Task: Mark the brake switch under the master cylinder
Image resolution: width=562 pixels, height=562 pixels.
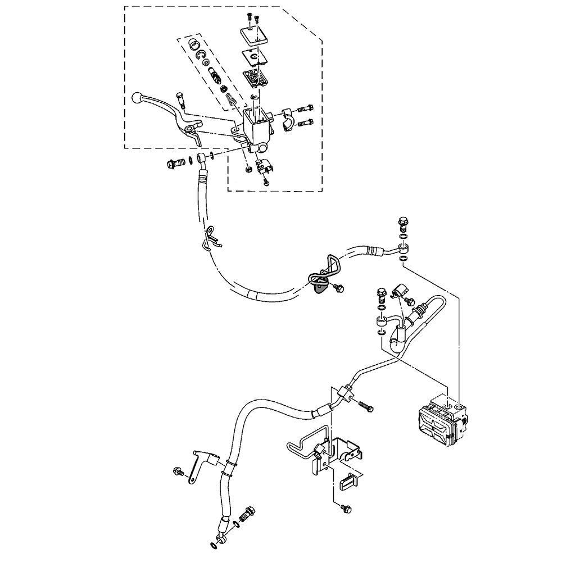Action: pyautogui.click(x=264, y=166)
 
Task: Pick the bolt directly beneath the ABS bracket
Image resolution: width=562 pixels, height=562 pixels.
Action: pyautogui.click(x=345, y=509)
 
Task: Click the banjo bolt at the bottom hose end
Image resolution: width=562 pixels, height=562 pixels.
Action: pyautogui.click(x=246, y=514)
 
